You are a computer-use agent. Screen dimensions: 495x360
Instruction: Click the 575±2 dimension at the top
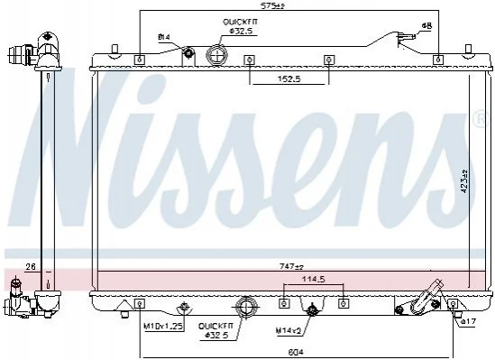point(273,5)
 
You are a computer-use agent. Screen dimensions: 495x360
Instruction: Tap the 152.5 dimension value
point(289,78)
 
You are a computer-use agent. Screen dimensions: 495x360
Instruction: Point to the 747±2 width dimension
point(291,266)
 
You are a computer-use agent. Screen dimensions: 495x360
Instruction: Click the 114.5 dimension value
point(314,279)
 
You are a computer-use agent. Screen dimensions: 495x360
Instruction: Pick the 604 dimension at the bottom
point(296,352)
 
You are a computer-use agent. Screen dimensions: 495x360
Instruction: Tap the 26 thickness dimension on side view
point(31,267)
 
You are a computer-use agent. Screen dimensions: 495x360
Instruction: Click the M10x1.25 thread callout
point(164,327)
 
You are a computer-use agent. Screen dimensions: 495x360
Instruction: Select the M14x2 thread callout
point(289,331)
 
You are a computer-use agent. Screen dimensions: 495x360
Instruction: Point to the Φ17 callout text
point(468,322)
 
